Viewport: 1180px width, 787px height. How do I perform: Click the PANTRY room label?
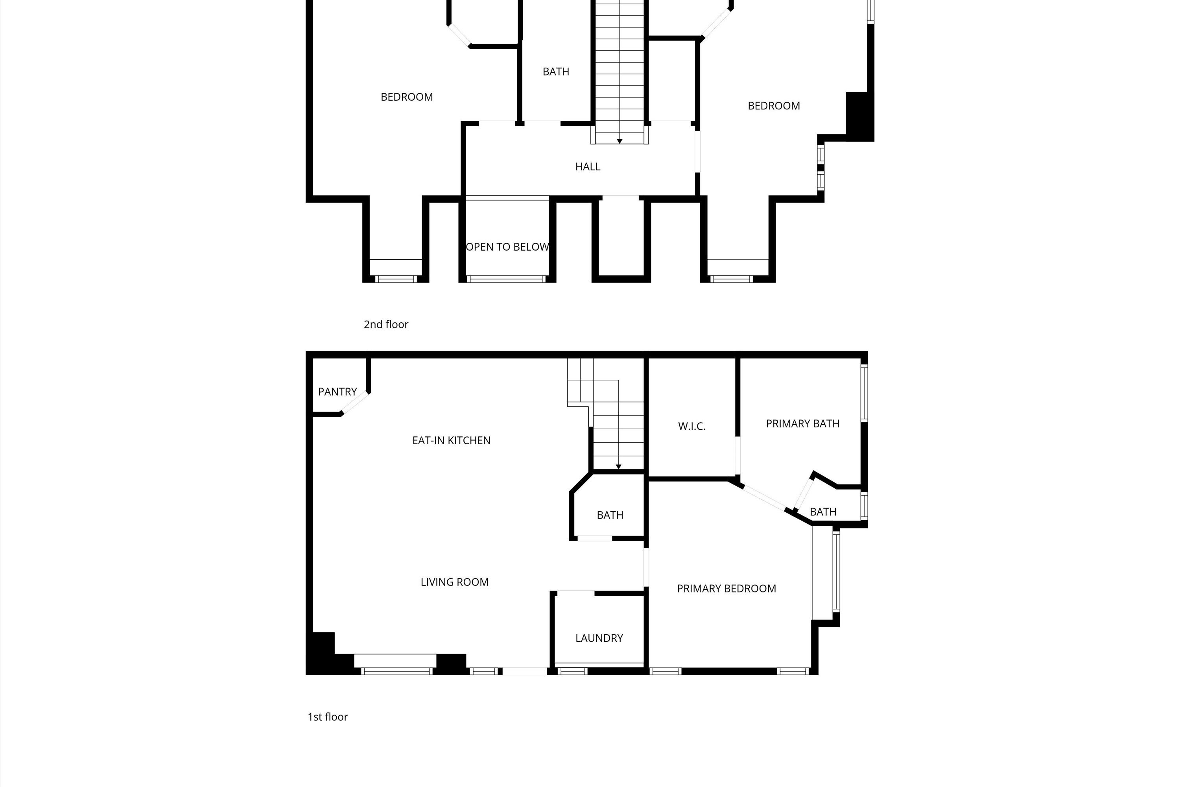pyautogui.click(x=337, y=392)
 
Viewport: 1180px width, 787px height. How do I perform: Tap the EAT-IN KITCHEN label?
pyautogui.click(x=451, y=440)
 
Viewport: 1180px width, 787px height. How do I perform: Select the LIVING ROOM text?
pyautogui.click(x=454, y=582)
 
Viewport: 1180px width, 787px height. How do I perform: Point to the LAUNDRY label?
pyautogui.click(x=599, y=638)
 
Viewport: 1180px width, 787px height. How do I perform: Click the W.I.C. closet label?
pyautogui.click(x=691, y=426)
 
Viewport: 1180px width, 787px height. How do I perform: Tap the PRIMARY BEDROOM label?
pyautogui.click(x=726, y=588)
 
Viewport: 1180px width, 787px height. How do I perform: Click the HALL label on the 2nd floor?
pyautogui.click(x=588, y=166)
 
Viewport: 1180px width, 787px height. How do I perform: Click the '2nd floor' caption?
pyautogui.click(x=386, y=324)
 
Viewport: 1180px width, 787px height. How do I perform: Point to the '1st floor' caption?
pyautogui.click(x=328, y=717)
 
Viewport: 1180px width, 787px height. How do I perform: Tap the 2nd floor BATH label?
pyautogui.click(x=556, y=72)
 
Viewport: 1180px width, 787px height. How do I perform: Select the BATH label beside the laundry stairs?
pyautogui.click(x=610, y=515)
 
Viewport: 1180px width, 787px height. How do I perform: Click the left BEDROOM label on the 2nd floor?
pyautogui.click(x=406, y=97)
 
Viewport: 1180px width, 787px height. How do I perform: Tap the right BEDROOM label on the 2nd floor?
pyautogui.click(x=774, y=106)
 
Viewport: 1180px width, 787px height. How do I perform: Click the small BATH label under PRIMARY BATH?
pyautogui.click(x=823, y=512)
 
